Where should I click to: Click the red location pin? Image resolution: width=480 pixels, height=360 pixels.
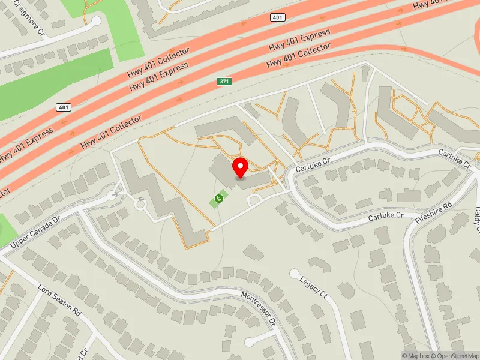pos(241,167)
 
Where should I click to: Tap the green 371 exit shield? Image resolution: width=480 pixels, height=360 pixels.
pos(224,80)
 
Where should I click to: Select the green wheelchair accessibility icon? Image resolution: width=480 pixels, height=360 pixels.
pos(219,199)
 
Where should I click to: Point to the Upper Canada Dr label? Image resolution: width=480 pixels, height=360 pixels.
pos(36,232)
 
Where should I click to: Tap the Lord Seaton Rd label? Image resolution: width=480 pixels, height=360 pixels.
pos(59,301)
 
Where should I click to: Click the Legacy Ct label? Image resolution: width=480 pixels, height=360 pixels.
pos(314,287)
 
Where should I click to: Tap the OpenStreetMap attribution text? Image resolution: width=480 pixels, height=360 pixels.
pos(457,356)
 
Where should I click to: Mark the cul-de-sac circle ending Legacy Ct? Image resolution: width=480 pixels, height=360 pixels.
pos(294,274)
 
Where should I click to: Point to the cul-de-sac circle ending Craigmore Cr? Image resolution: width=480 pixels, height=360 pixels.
pos(96,21)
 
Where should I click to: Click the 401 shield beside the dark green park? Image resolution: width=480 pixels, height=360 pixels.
pos(63,107)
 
